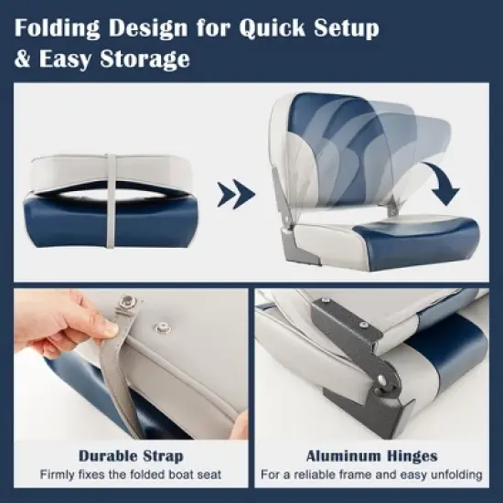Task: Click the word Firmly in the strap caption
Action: pyautogui.click(x=60, y=475)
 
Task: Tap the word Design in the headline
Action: pyautogui.click(x=148, y=27)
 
